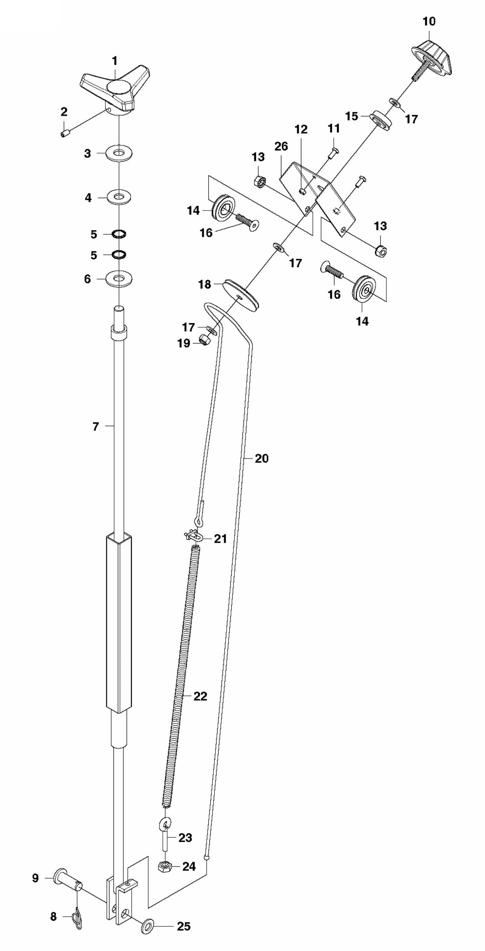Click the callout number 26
click(281, 146)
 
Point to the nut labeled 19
click(204, 339)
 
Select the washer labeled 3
click(119, 153)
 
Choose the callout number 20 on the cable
click(261, 458)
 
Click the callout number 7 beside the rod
click(96, 426)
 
